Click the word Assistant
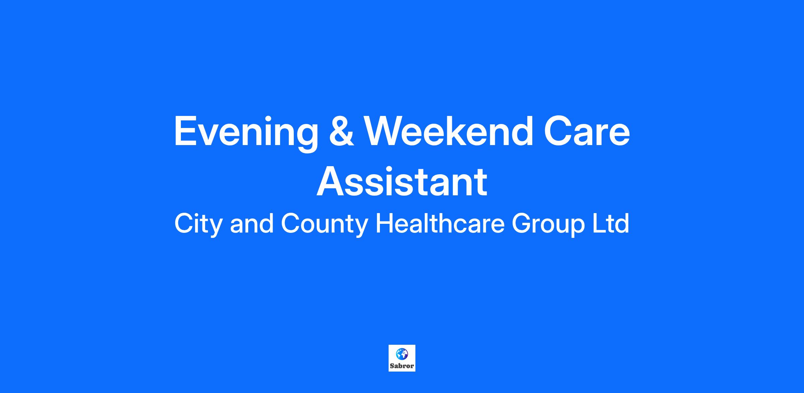[x=402, y=181]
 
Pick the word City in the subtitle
[x=198, y=224]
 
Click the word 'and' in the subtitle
[x=252, y=223]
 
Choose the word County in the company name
[x=324, y=224]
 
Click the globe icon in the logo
[x=402, y=353]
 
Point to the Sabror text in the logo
[x=402, y=366]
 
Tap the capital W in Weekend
[x=385, y=131]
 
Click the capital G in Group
[x=522, y=223]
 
